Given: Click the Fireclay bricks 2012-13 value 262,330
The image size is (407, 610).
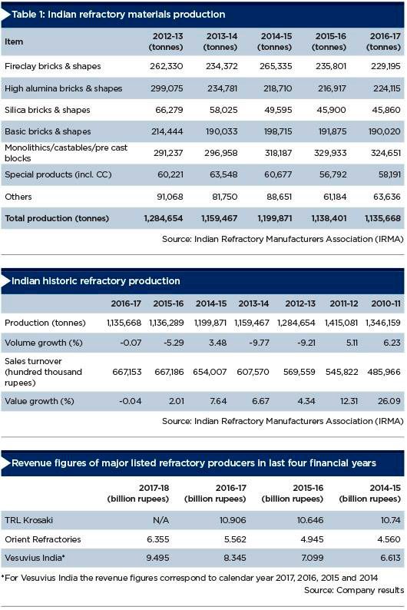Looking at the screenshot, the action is click(167, 66).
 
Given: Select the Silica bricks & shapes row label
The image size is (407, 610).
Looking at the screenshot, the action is click(48, 110).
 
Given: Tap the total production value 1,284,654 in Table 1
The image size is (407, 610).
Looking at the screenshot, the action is click(164, 218).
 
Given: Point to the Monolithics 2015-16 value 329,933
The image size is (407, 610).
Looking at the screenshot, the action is click(330, 153).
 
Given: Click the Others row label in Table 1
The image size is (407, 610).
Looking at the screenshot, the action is click(18, 197).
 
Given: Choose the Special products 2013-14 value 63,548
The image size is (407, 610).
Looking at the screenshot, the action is click(223, 174).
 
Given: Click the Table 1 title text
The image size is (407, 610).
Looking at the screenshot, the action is click(118, 15).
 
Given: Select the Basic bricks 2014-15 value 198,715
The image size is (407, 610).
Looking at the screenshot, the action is click(278, 131).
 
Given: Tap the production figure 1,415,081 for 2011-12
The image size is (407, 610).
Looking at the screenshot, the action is click(341, 323).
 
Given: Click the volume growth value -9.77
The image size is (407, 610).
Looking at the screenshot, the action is click(259, 343).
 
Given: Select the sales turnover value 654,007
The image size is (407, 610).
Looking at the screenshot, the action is click(210, 372).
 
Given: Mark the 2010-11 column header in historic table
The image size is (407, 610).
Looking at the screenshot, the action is click(385, 303).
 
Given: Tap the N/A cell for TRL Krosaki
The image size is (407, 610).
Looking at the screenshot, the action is click(161, 520).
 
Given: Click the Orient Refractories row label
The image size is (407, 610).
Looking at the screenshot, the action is click(43, 539).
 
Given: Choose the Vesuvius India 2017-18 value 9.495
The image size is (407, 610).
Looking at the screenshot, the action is click(157, 558).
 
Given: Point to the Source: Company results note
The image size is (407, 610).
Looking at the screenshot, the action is click(354, 590).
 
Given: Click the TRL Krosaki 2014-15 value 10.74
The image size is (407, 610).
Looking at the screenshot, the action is click(390, 520).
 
